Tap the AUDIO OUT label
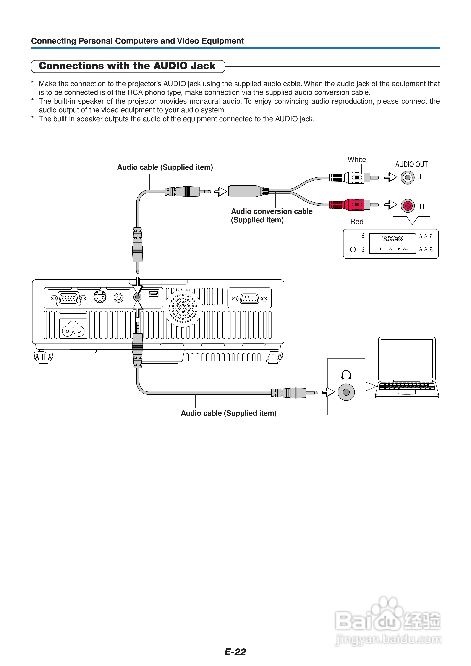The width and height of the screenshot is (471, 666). pos(411,164)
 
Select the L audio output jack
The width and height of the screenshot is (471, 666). pos(408,177)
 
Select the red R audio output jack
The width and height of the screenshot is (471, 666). pos(408,206)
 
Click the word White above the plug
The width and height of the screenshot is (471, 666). pos(357,159)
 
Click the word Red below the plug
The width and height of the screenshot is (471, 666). pos(357,222)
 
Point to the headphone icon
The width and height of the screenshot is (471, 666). pos(346,375)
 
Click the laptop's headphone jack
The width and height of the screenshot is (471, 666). pos(346,392)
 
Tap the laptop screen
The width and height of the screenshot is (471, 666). pos(407,359)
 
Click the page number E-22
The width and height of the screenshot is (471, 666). pos(235,652)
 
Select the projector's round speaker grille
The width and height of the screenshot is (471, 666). pos(183,309)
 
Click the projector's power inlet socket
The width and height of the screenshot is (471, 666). pos(73,329)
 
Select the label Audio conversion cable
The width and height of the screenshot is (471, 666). pos(272,211)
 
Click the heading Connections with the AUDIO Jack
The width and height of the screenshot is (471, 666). pos(127,66)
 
